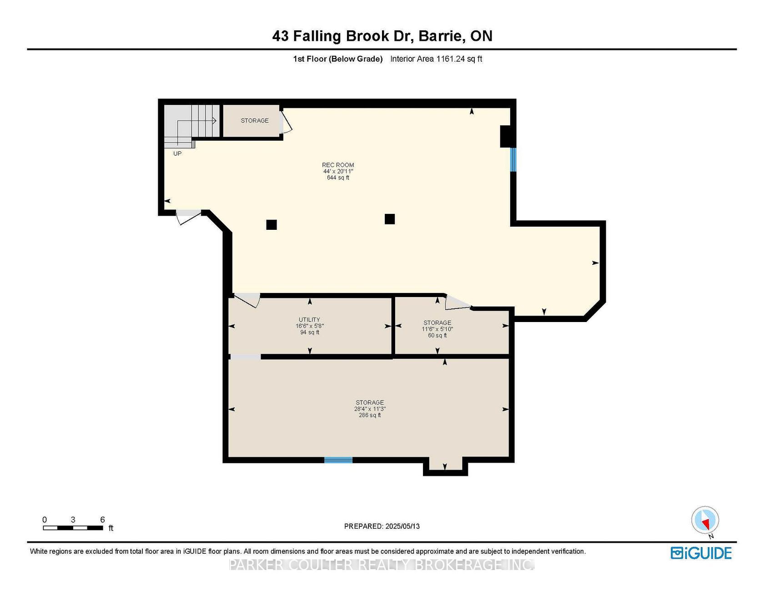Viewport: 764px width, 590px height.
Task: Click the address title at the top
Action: tap(382, 36)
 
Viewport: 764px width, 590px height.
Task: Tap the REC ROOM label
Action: tap(338, 165)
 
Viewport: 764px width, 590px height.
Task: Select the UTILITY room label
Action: tap(309, 319)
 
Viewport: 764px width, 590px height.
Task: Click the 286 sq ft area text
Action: tap(370, 415)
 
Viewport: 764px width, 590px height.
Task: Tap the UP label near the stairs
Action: tap(177, 154)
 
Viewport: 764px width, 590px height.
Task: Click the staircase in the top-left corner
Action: tap(191, 124)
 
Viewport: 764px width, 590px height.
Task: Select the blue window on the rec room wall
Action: tap(513, 159)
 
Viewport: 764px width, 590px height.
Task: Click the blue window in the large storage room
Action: tap(338, 460)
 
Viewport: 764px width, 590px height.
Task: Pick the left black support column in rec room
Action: tap(271, 224)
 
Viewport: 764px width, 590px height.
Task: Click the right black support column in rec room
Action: tap(389, 219)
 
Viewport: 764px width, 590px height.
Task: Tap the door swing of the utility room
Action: tap(247, 300)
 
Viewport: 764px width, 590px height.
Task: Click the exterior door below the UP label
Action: tap(188, 216)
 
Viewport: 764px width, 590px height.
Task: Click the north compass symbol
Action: tap(705, 521)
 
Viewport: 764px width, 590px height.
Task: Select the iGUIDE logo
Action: tap(701, 553)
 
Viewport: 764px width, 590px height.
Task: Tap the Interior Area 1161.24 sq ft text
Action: tap(436, 59)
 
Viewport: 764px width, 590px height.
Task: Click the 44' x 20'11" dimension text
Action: tap(338, 171)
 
